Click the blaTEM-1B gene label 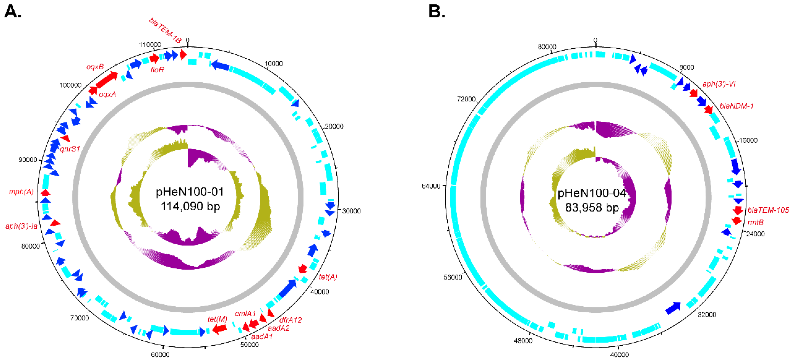(x=165, y=30)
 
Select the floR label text (x=157, y=70)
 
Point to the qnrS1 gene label (x=70, y=149)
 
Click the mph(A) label (x=21, y=192)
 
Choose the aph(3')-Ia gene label (x=21, y=226)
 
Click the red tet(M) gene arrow (x=220, y=329)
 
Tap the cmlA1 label (x=245, y=314)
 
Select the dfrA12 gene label (x=290, y=320)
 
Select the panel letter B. (x=437, y=12)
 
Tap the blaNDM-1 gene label (x=736, y=106)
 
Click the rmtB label (x=755, y=222)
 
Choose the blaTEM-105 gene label (x=768, y=210)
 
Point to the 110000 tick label (x=150, y=45)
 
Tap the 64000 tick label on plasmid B (x=431, y=186)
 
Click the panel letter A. (x=13, y=12)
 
